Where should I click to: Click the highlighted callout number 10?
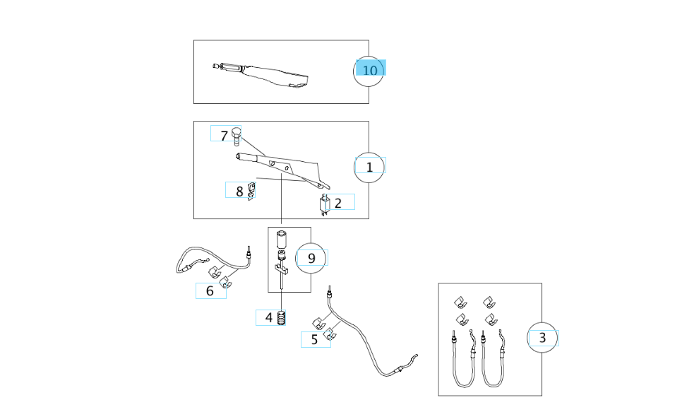tap(370, 69)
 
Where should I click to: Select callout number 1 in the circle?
tap(369, 166)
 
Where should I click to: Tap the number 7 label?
tap(224, 134)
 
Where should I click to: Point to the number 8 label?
tap(239, 190)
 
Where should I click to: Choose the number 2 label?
tap(338, 203)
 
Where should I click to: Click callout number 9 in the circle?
tap(311, 258)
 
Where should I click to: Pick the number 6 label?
tap(210, 290)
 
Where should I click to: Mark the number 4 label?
tap(268, 317)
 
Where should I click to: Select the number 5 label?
tap(314, 339)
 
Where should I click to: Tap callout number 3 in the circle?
tap(542, 338)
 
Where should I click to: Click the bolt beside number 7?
tap(237, 135)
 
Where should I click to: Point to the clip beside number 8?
tap(251, 192)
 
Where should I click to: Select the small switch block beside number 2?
tap(324, 204)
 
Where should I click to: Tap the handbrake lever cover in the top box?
tap(272, 75)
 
